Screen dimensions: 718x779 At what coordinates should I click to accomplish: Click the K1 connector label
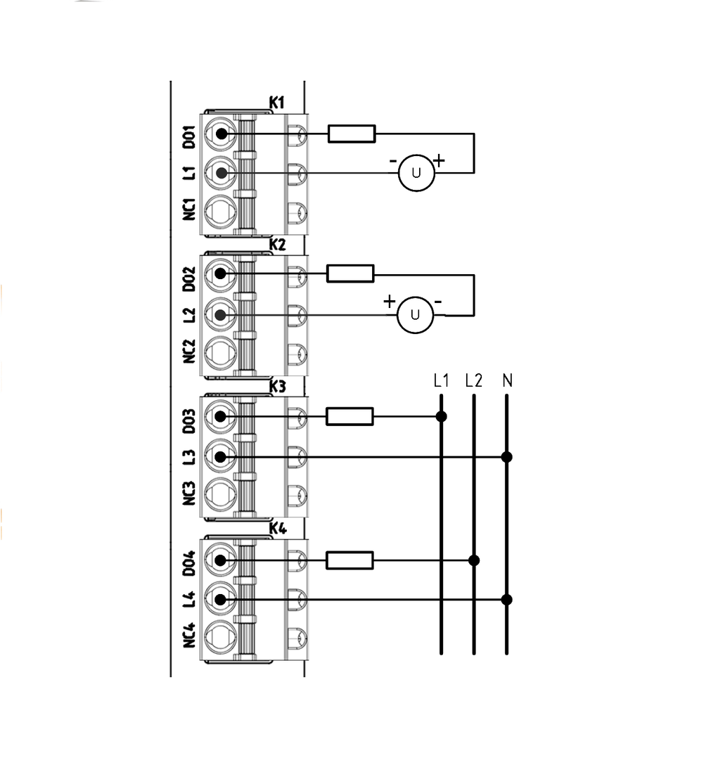pos(277,103)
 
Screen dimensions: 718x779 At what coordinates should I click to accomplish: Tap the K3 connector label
pos(277,387)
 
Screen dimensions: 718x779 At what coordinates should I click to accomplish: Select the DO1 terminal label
pos(188,137)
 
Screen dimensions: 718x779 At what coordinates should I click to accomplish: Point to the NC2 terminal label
pos(188,352)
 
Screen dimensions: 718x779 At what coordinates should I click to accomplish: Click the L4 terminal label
pos(188,598)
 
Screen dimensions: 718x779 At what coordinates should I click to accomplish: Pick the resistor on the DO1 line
pos(352,134)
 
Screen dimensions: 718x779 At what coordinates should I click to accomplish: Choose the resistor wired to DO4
pos(350,560)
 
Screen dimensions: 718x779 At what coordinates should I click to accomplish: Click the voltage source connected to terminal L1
pos(416,173)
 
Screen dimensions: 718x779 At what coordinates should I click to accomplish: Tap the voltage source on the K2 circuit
pos(416,315)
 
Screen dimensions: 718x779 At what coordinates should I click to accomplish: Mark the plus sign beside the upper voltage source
pos(439,160)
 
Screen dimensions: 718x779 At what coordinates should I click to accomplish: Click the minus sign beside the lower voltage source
pos(437,302)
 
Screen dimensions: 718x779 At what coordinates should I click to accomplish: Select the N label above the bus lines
pos(507,380)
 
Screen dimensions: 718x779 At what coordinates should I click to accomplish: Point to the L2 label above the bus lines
pos(473,380)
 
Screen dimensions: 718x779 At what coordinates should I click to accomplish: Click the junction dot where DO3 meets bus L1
pos(441,416)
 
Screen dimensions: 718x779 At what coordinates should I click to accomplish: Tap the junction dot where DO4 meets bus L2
pos(474,560)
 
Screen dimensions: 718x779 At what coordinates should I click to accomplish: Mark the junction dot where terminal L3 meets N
pos(507,457)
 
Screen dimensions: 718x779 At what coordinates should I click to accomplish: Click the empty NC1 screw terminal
pos(221,212)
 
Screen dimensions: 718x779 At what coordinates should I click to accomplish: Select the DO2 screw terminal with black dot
pos(221,273)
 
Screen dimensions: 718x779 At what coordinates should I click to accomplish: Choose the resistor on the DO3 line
pos(350,416)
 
